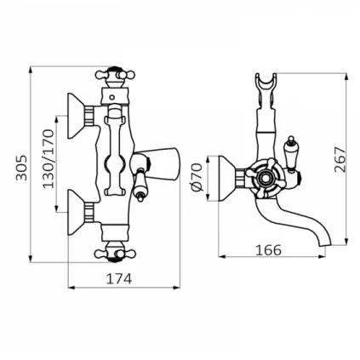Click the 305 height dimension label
(x=21, y=168)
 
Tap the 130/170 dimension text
(x=48, y=158)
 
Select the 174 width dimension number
(x=119, y=278)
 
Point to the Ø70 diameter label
(x=197, y=178)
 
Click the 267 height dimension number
(x=340, y=159)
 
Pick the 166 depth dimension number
(x=268, y=250)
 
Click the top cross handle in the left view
(x=115, y=76)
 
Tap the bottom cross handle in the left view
(x=115, y=253)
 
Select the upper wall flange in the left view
(x=76, y=116)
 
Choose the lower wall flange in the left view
(x=76, y=212)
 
